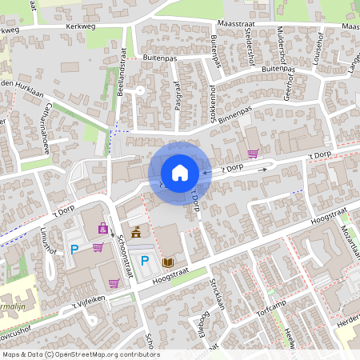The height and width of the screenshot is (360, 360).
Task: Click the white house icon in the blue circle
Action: point(180,173)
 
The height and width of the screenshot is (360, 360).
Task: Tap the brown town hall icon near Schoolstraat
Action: point(136,233)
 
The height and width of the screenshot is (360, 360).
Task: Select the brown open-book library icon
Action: point(168,262)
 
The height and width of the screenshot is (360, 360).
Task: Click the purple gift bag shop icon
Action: point(103,228)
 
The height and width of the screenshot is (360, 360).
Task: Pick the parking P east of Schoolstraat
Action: point(145,260)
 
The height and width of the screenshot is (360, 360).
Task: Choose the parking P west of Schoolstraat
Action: point(75,249)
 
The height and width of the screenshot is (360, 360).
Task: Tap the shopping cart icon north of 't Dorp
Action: point(254,154)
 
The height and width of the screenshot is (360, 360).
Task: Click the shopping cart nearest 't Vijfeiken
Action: point(114,282)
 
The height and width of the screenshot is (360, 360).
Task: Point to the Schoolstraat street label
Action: point(123,252)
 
